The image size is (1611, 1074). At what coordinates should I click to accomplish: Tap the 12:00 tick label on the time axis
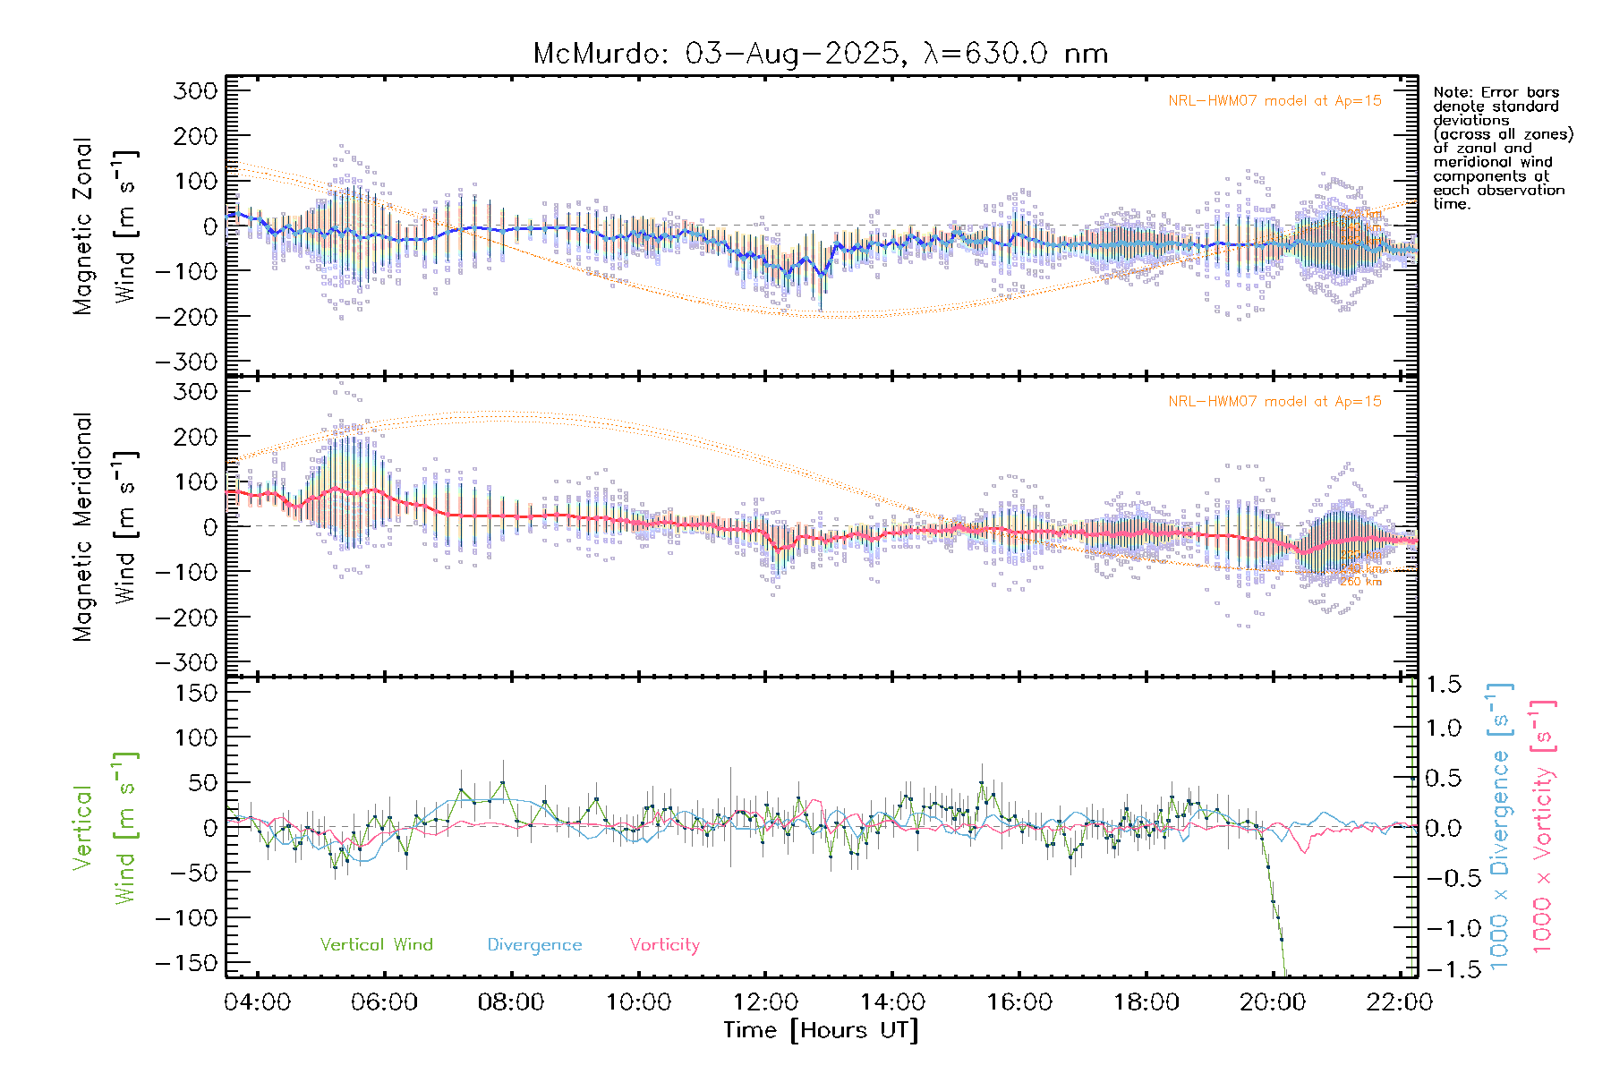[765, 1002]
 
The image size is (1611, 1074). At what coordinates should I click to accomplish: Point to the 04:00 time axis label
[258, 1002]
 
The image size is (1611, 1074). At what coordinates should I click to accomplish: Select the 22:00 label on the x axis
[1400, 1002]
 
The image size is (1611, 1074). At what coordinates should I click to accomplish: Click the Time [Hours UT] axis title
[821, 1030]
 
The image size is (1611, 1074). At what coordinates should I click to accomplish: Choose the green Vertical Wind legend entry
[376, 945]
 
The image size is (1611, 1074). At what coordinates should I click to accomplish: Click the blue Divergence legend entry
[534, 945]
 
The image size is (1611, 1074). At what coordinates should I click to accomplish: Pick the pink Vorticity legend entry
[664, 945]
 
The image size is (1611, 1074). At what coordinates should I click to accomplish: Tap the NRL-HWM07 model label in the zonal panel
[1274, 101]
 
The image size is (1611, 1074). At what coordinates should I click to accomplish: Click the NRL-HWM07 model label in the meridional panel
[1274, 402]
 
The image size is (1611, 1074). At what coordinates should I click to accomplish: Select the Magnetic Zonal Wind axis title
[106, 226]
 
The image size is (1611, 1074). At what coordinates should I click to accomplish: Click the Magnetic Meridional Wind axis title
[106, 527]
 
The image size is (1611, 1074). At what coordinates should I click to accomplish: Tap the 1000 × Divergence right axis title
[1500, 827]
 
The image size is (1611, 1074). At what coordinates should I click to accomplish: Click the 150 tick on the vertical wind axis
[197, 693]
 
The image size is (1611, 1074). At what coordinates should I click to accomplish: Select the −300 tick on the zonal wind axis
[186, 362]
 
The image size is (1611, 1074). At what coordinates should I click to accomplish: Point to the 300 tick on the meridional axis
[197, 392]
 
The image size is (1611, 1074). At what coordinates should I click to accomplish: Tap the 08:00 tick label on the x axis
[511, 1002]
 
